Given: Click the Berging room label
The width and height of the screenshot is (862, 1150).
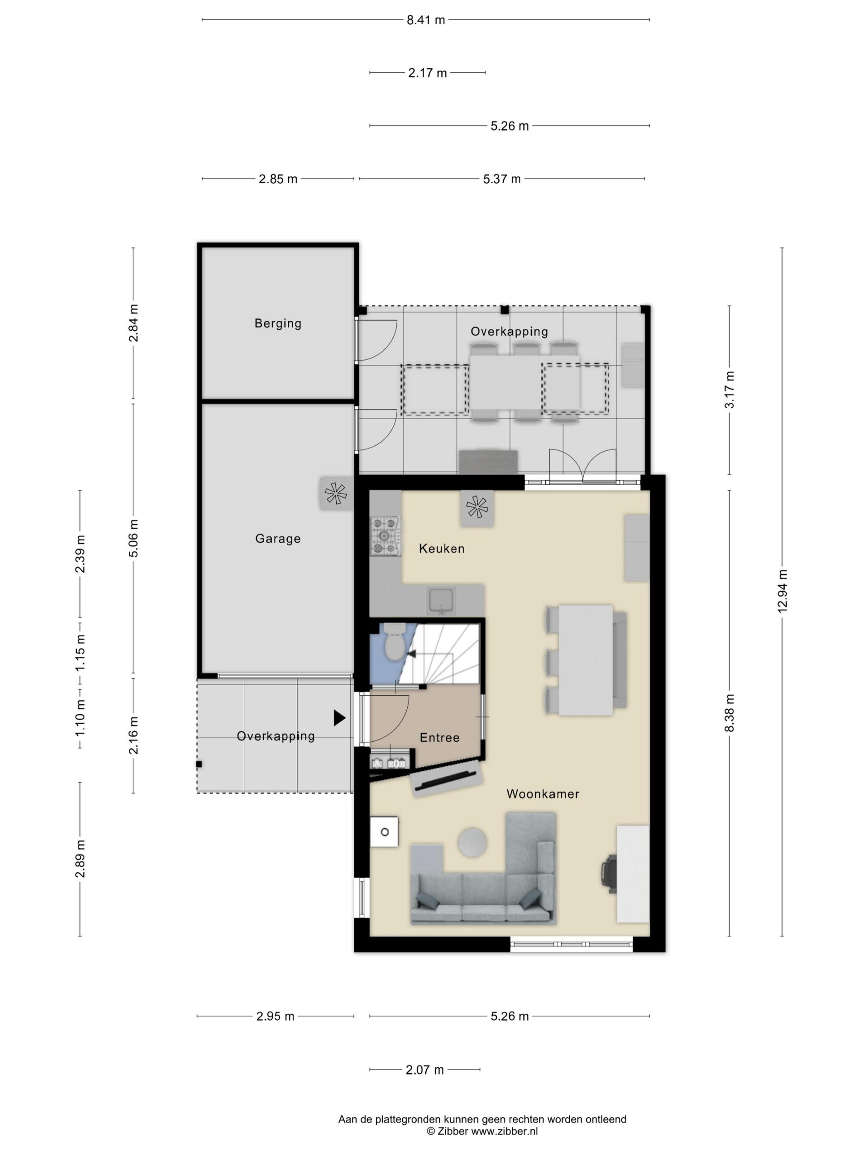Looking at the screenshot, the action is click(278, 323).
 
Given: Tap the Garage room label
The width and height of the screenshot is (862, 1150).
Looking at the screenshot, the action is click(278, 539).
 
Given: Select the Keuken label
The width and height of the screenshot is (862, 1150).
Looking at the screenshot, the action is click(442, 548).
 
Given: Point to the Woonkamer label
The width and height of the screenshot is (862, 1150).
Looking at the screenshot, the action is click(543, 794).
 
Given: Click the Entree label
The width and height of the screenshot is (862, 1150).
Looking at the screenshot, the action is click(440, 738).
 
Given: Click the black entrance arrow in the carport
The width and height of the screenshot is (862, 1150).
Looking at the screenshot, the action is click(339, 718).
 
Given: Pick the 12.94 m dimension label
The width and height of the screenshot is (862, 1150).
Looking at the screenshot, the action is click(783, 591).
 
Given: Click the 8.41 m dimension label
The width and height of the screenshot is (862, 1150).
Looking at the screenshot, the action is click(426, 20).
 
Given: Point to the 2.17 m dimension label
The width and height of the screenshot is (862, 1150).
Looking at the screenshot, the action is click(427, 73).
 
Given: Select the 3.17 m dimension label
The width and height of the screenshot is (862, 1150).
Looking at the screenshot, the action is click(730, 390).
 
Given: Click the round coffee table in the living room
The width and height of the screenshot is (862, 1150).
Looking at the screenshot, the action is click(472, 841).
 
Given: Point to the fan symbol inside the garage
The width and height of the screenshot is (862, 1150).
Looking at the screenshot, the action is click(335, 493).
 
